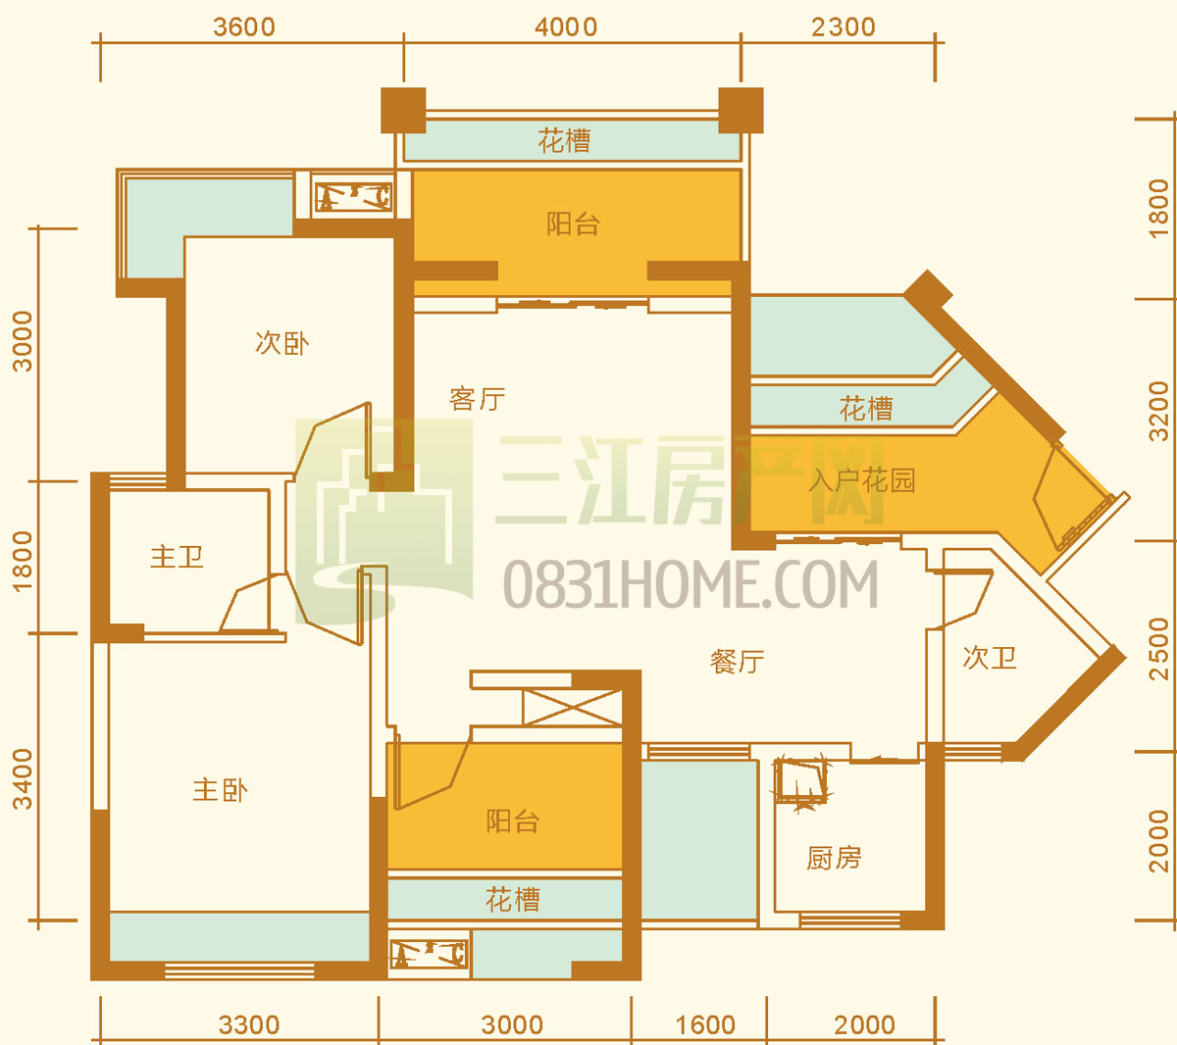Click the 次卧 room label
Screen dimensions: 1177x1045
coord(281,343)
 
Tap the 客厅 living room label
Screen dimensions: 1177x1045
coord(477,399)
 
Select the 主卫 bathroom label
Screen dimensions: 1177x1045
coord(177,557)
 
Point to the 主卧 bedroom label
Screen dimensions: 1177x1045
coord(220,790)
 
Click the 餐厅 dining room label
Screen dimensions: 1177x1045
coord(737,662)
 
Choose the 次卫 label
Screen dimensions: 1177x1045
coord(990,658)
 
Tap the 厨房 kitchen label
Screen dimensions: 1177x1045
coord(834,858)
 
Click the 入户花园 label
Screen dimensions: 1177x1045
coord(862,480)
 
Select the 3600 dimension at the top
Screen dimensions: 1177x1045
coord(244,27)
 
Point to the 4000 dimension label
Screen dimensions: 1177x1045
coord(566,27)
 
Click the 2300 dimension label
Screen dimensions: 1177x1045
coord(843,27)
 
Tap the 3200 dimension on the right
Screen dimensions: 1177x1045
coord(1159,411)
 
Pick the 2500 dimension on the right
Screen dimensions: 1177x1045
coord(1159,649)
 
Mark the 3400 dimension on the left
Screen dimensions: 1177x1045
coord(24,779)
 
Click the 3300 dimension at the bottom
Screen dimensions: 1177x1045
coord(249,1025)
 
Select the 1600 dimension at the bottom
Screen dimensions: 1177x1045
coord(705,1025)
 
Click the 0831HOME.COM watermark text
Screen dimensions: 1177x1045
coord(691,584)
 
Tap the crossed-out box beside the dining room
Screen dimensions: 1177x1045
coord(573,707)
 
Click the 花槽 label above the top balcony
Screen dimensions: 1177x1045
coord(564,140)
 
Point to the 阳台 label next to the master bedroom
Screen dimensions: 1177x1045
coord(513,821)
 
